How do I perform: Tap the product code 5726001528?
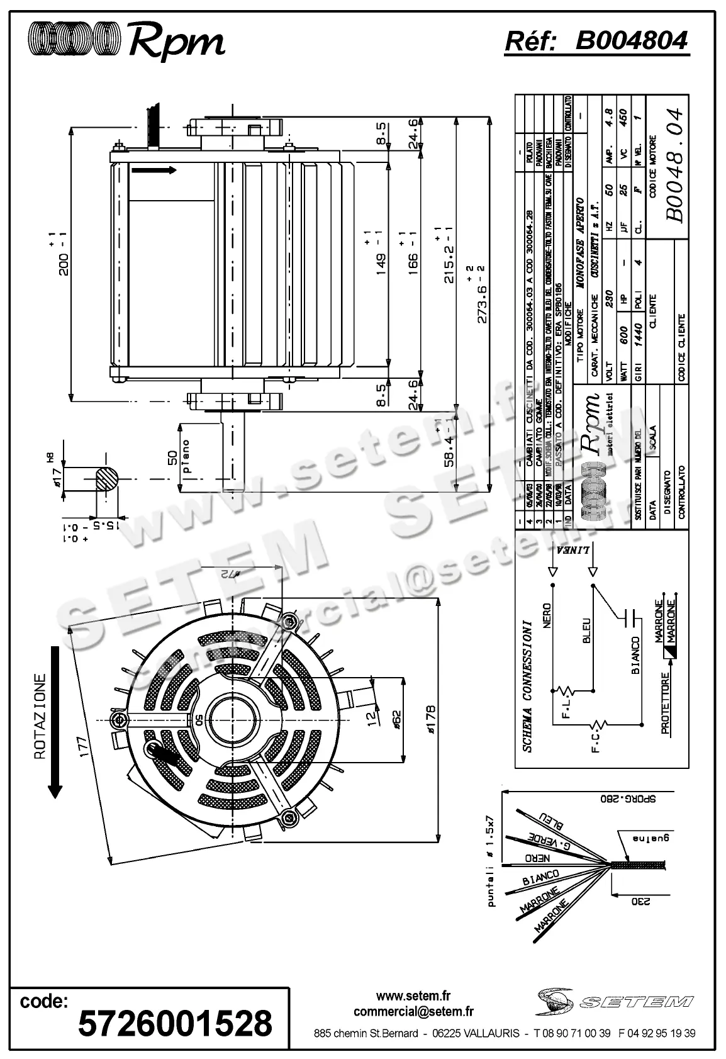pos(175,1023)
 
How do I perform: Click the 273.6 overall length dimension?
pos(483,295)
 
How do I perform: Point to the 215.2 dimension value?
pos(449,254)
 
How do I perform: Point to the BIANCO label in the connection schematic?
pos(635,655)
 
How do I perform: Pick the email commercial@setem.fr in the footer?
pos(413,1012)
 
